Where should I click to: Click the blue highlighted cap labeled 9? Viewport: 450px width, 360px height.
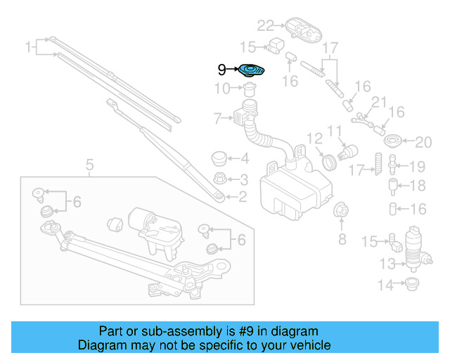coord(251,70)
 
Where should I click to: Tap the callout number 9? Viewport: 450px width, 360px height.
coord(221,70)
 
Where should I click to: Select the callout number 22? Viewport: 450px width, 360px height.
coord(264,26)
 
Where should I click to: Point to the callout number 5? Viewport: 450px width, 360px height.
coord(89,166)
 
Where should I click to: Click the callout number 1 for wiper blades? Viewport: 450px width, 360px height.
coord(29,48)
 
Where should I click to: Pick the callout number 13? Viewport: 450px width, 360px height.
coord(387,264)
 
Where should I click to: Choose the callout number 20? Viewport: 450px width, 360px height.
coord(422,143)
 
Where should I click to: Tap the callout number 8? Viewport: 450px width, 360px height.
coord(342,240)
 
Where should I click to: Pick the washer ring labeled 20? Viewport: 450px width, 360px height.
coord(395,139)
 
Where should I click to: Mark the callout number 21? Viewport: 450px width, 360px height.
coord(379,103)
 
